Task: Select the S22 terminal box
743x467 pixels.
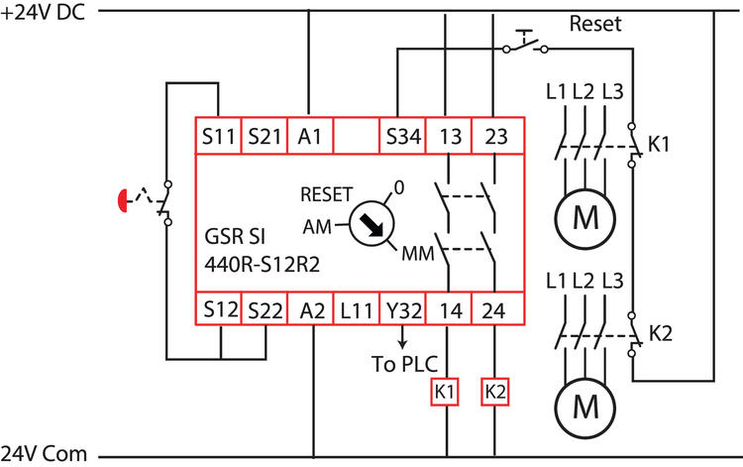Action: (x=265, y=310)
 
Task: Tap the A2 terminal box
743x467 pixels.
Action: (x=311, y=310)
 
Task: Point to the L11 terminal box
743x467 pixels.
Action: (x=357, y=310)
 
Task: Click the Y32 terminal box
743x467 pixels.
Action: (x=403, y=310)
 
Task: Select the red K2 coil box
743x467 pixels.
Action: (x=495, y=391)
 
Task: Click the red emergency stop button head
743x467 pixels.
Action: (x=124, y=202)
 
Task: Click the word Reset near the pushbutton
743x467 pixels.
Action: (x=594, y=24)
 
